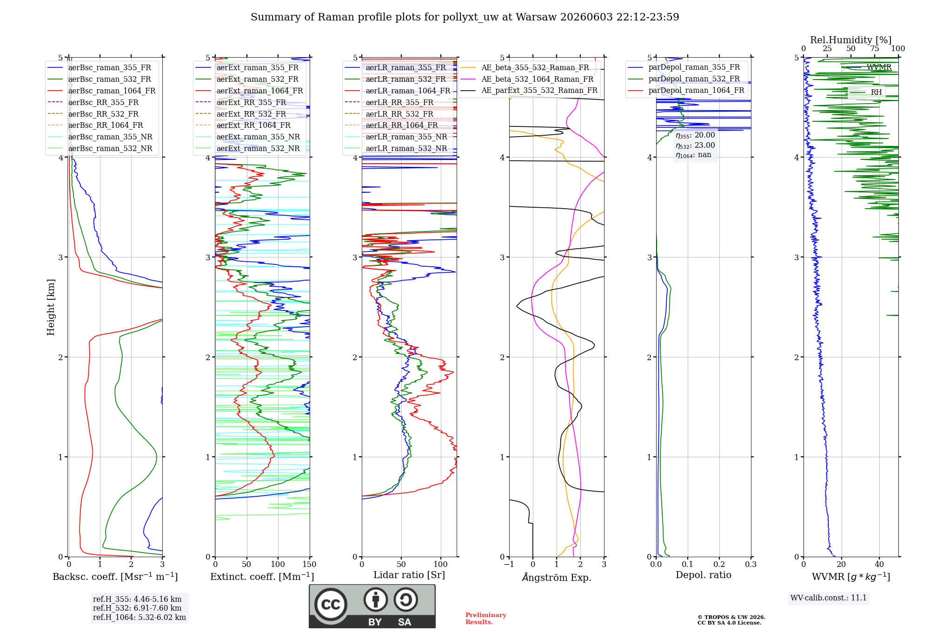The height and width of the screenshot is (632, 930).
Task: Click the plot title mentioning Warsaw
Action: [465, 17]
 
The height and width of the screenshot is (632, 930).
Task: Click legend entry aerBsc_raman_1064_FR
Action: [112, 91]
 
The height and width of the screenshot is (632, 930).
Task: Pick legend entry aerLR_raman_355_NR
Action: [406, 137]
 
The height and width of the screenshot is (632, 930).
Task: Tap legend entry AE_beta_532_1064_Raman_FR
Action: [537, 79]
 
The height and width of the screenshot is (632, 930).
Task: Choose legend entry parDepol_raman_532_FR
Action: [694, 79]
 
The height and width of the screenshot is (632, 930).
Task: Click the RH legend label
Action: [876, 92]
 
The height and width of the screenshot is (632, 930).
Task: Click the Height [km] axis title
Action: [51, 307]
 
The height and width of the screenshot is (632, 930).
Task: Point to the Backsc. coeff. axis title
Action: [115, 576]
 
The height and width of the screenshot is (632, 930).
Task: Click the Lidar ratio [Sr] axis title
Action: [409, 575]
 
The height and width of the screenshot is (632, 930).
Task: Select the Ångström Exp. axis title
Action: [557, 577]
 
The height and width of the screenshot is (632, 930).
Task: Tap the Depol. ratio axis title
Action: [704, 575]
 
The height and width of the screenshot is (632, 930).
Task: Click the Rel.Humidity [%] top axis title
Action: [851, 40]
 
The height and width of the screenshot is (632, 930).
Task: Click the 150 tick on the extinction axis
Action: [310, 564]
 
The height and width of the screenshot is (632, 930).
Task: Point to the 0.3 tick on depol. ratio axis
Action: [751, 564]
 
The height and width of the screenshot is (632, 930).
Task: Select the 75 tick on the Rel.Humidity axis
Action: [875, 49]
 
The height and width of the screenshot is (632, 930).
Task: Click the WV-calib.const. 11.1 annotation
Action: [829, 598]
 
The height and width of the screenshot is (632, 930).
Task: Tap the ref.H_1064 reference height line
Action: [139, 617]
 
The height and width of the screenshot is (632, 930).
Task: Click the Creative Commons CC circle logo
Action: [331, 604]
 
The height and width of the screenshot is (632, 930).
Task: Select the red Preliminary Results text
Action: [486, 619]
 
